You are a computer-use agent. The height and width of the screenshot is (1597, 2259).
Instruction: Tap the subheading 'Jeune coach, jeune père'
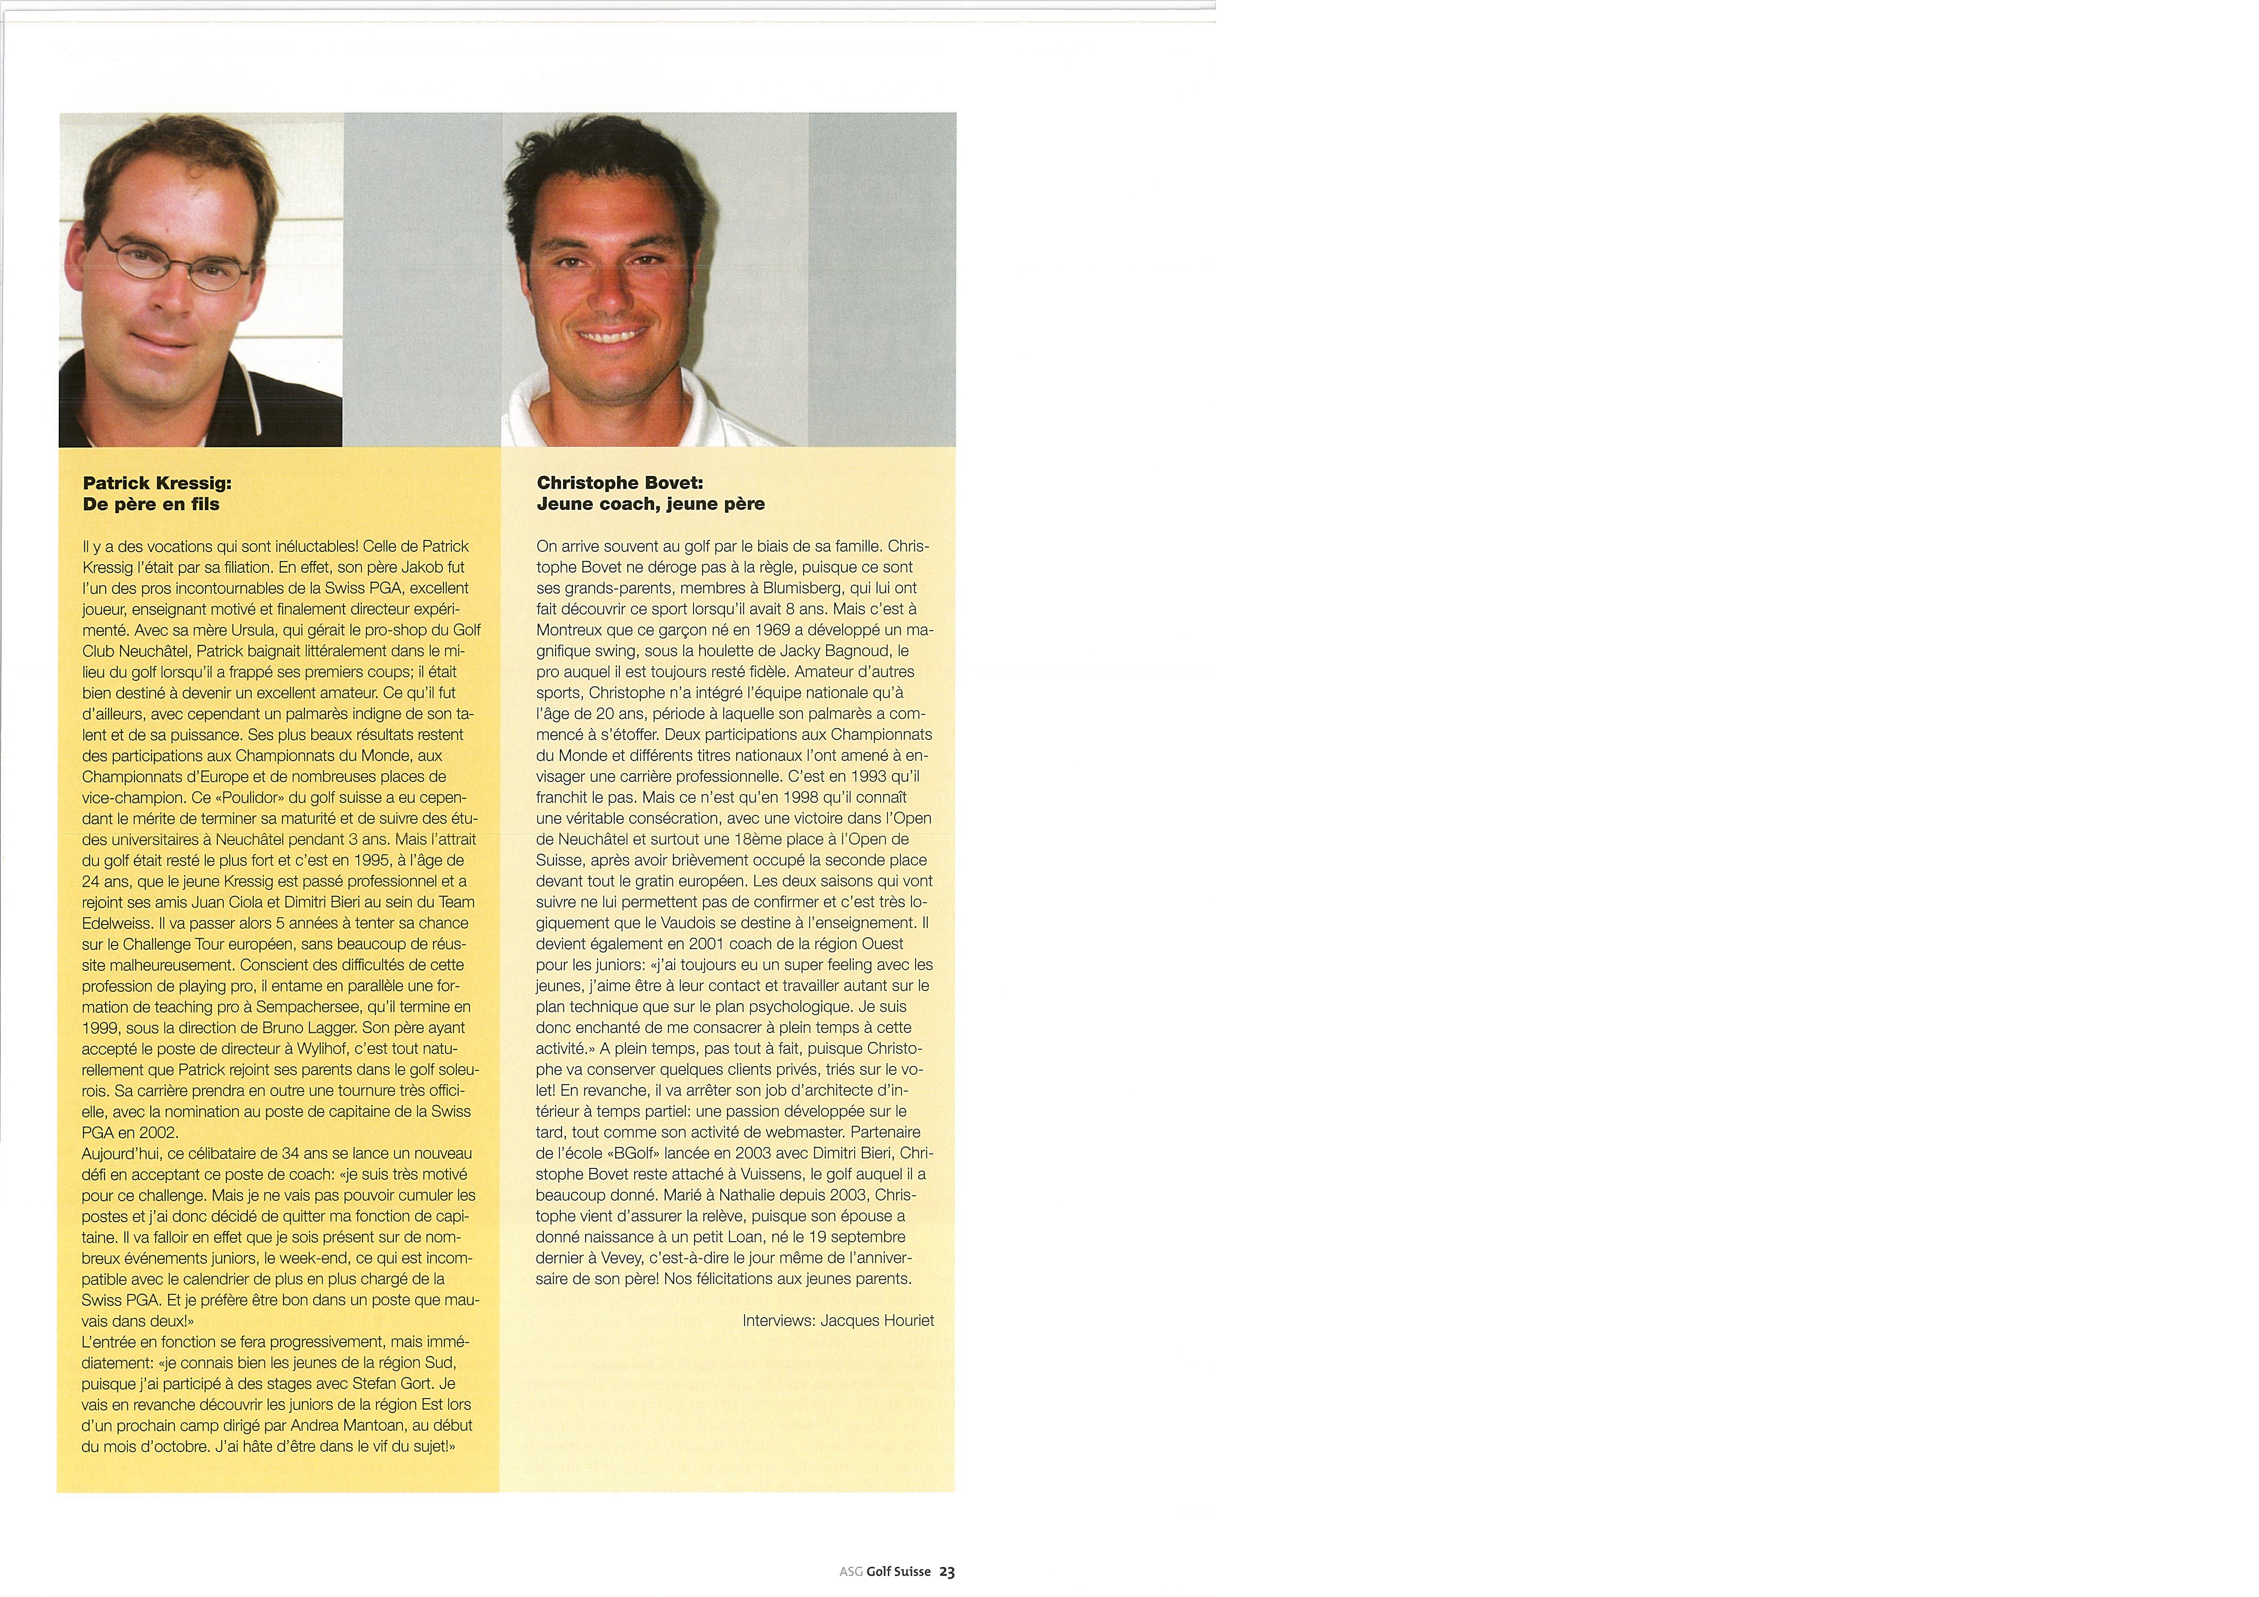[650, 504]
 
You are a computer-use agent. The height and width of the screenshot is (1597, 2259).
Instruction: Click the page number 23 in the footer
[947, 1572]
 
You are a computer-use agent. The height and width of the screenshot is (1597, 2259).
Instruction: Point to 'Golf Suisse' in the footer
[898, 1572]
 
